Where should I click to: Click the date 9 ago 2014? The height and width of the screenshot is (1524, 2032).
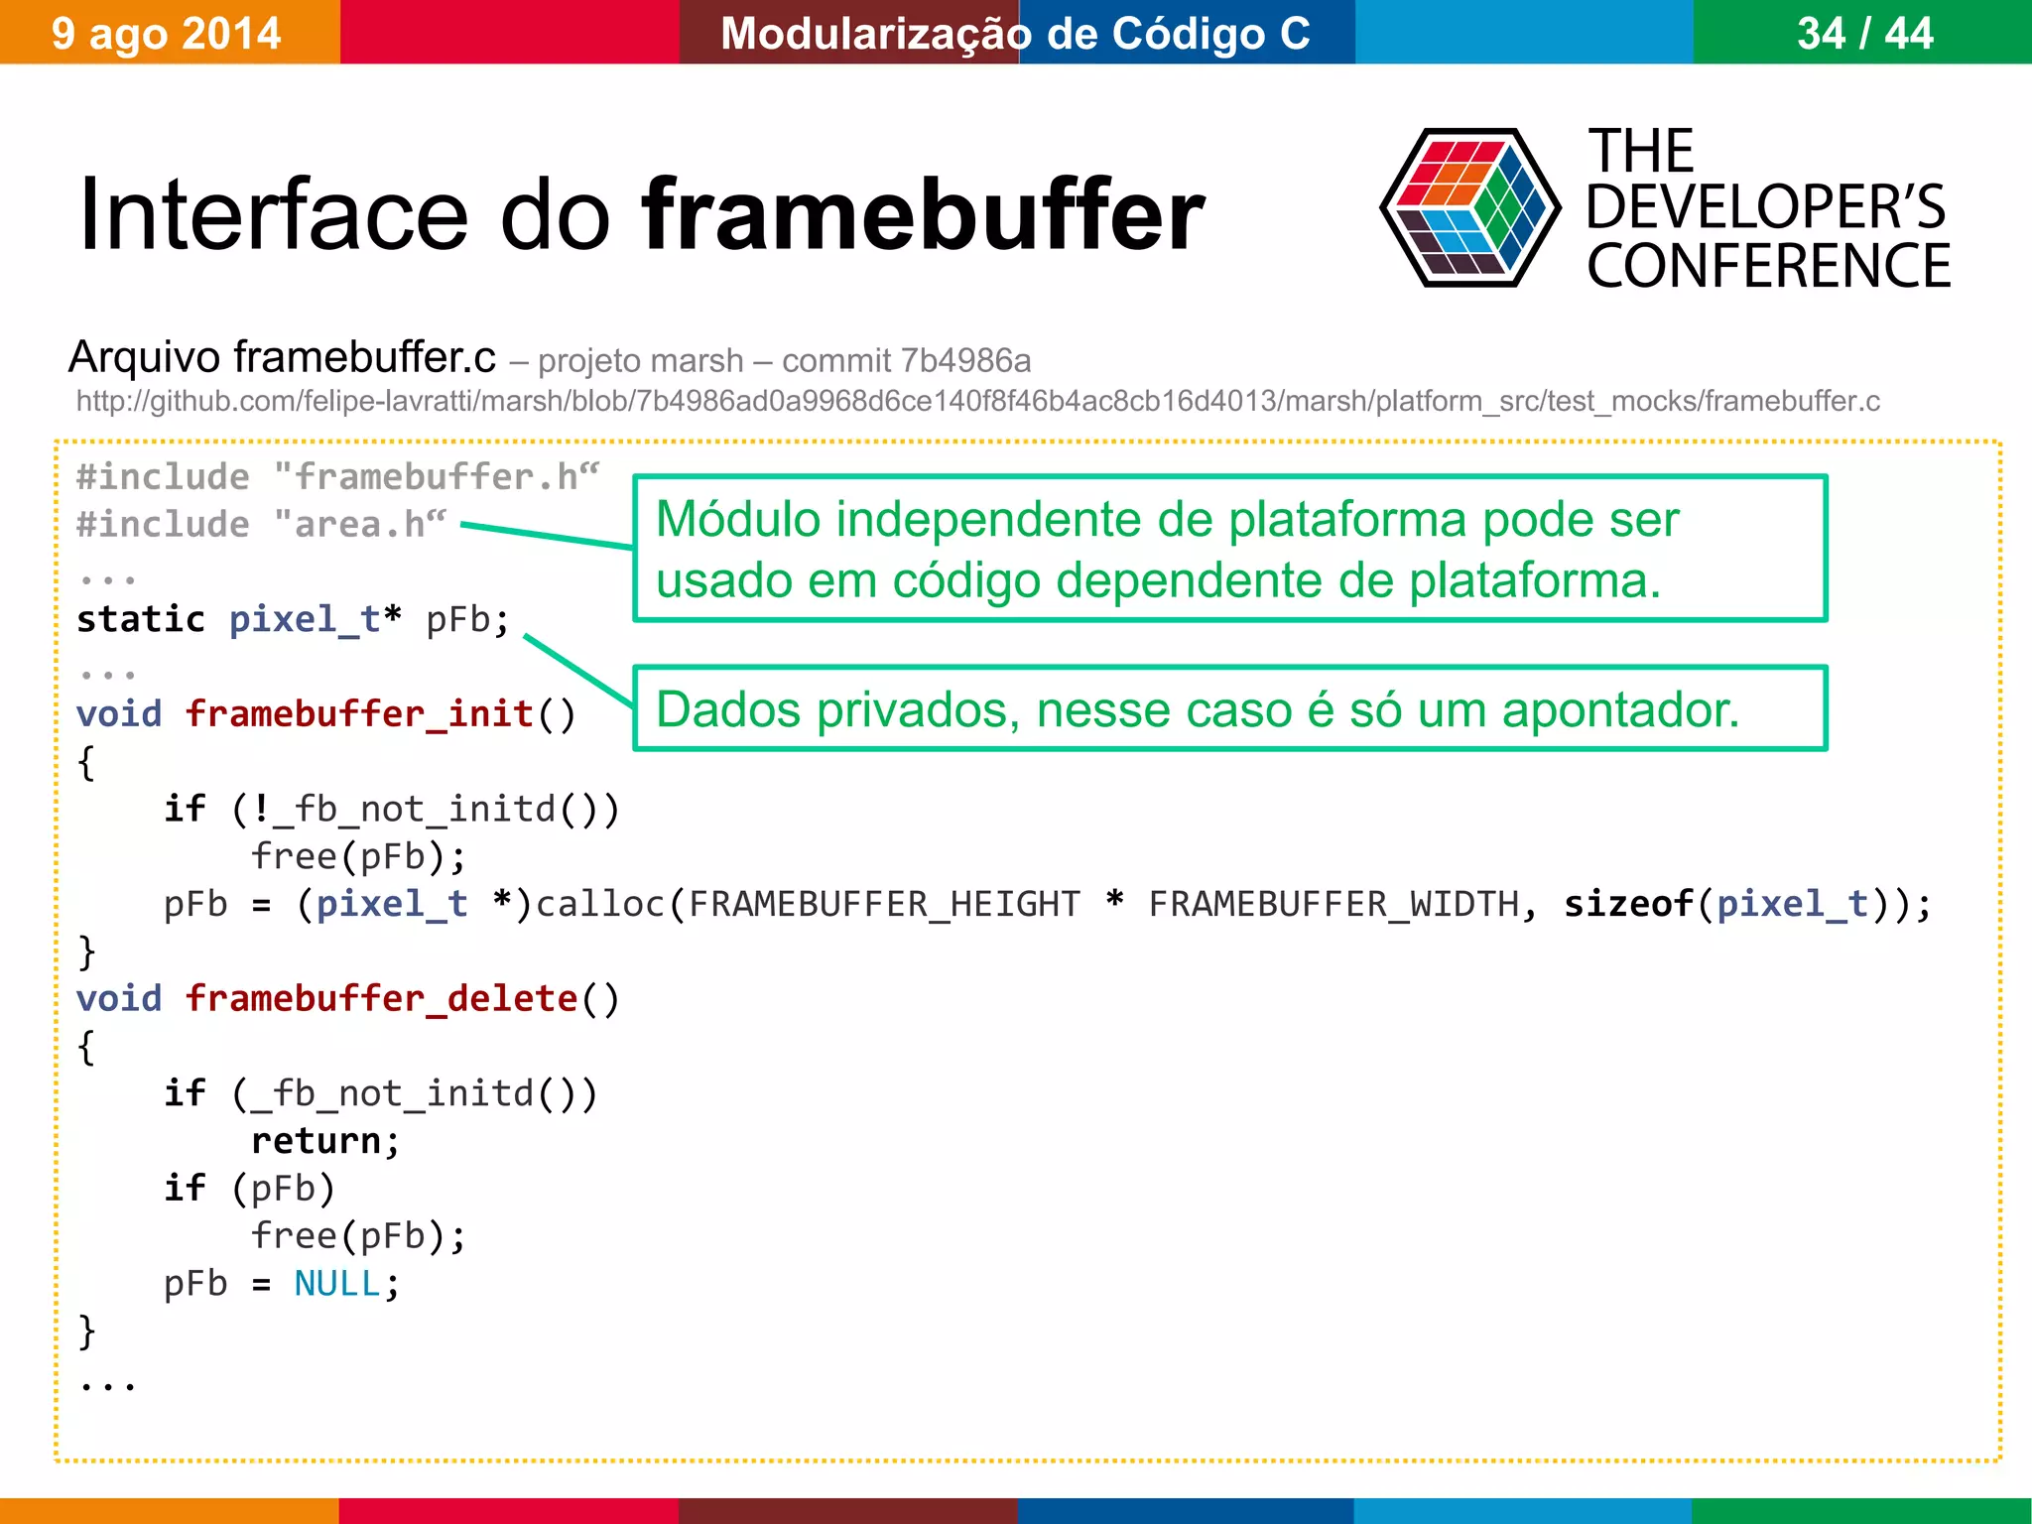click(x=167, y=34)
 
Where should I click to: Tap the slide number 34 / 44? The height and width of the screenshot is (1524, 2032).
click(x=1864, y=34)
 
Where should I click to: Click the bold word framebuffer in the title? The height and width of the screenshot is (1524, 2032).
click(x=923, y=215)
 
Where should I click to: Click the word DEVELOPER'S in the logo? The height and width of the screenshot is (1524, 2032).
click(x=1766, y=207)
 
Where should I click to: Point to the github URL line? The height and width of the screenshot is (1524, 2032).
click(x=977, y=401)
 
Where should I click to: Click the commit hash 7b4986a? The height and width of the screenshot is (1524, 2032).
click(x=966, y=360)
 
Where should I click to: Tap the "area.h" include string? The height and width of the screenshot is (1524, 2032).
click(x=360, y=524)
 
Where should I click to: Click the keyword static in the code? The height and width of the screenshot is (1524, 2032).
click(x=141, y=619)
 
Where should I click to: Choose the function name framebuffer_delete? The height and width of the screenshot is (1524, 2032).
click(x=382, y=998)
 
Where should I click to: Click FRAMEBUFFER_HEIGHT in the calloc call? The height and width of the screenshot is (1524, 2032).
click(x=884, y=904)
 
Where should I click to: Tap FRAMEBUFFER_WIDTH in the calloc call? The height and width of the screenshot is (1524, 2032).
click(x=1333, y=904)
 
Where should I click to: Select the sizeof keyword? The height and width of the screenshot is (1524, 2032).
click(x=1628, y=904)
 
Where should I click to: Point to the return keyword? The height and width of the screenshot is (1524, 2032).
click(x=316, y=1141)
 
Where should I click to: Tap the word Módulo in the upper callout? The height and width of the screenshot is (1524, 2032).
click(x=738, y=519)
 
